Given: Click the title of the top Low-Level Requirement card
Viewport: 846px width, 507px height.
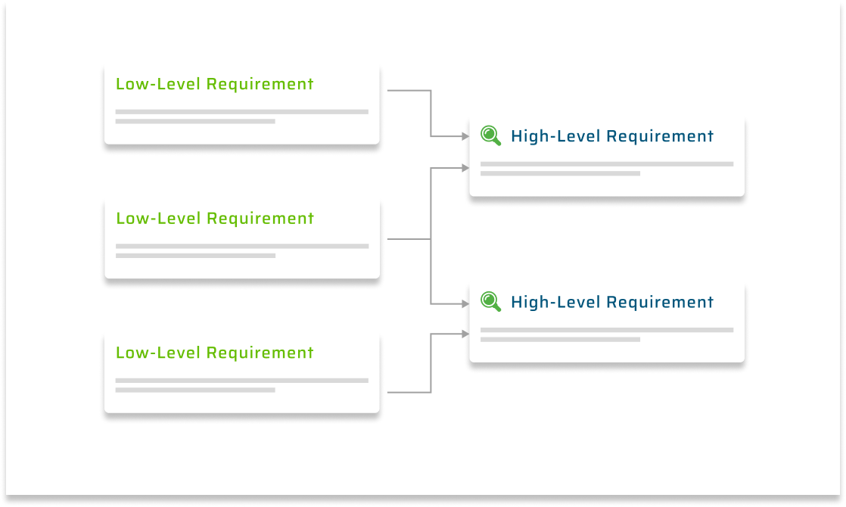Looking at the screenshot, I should click(214, 84).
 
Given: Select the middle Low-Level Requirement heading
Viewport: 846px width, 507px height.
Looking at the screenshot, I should click(214, 219).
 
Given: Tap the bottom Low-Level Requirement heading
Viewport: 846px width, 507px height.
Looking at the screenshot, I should click(214, 353).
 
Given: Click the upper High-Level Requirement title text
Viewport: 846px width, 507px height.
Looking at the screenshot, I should click(611, 137).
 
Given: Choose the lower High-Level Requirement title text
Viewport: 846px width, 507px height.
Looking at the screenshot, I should click(611, 303).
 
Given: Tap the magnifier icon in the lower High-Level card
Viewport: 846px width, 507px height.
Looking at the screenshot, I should click(491, 302).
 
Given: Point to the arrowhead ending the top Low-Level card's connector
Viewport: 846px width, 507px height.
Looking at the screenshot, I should click(465, 137).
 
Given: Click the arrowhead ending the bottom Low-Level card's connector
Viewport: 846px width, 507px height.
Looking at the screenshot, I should click(465, 333).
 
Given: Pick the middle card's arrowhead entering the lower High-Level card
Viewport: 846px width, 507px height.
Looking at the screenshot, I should click(465, 304).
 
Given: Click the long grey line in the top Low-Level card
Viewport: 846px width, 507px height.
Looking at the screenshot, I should click(242, 112).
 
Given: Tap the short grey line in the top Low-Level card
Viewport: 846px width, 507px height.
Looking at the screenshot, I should click(195, 121).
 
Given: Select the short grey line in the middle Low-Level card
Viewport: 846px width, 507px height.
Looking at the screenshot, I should click(195, 256).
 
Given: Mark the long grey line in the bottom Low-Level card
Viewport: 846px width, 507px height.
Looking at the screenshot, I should click(242, 381).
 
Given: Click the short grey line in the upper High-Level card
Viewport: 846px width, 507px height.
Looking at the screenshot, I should click(560, 173).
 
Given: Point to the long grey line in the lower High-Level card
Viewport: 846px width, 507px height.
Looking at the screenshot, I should click(607, 330).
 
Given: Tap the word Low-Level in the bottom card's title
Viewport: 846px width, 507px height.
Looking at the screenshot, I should click(159, 353).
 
